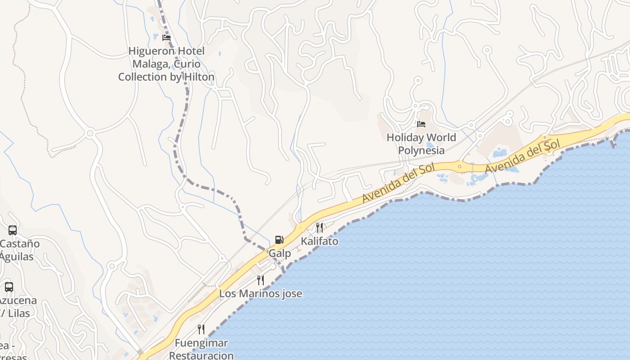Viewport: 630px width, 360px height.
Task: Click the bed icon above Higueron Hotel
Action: (x=166, y=38)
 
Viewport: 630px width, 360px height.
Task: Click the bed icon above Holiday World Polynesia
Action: (x=421, y=124)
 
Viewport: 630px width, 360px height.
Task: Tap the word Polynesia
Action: (x=421, y=150)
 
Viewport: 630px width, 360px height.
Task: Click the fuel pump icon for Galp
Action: (x=279, y=240)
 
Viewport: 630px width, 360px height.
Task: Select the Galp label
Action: (x=279, y=253)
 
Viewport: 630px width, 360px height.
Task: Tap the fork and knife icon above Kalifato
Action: (x=319, y=227)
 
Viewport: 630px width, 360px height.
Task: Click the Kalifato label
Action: (x=319, y=241)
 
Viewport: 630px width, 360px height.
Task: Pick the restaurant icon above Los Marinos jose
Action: (x=261, y=280)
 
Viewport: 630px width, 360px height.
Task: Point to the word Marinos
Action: (x=261, y=294)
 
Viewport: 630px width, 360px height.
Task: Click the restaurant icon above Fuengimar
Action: (x=201, y=329)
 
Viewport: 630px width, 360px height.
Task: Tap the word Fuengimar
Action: (x=201, y=343)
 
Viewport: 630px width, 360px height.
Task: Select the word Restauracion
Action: (x=201, y=355)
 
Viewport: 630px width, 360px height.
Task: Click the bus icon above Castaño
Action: (x=13, y=230)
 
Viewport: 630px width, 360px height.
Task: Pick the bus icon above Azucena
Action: (x=9, y=287)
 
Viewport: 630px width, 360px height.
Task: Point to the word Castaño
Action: (x=20, y=244)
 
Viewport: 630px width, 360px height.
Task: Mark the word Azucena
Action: (x=18, y=300)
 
